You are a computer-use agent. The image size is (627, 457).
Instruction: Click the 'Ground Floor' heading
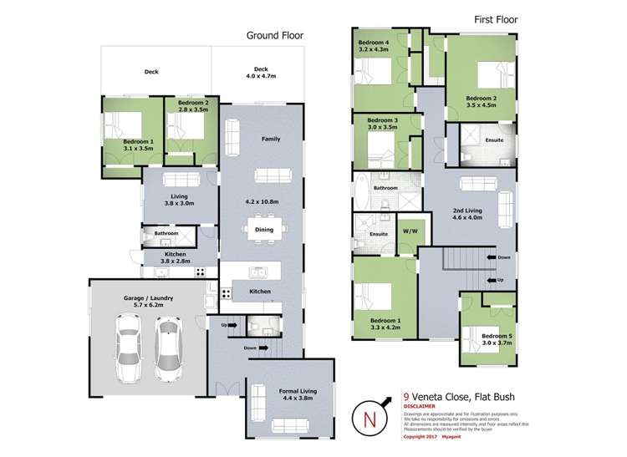coord(274,36)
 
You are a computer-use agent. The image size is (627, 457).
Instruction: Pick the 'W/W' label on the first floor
coord(410,231)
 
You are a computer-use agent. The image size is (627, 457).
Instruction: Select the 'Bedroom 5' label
coord(486,336)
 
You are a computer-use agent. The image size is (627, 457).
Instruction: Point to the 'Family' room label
coord(270,139)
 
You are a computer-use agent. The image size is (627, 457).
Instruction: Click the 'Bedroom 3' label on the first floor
coord(383,122)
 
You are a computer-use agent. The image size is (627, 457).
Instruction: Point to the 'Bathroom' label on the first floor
coord(385,188)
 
